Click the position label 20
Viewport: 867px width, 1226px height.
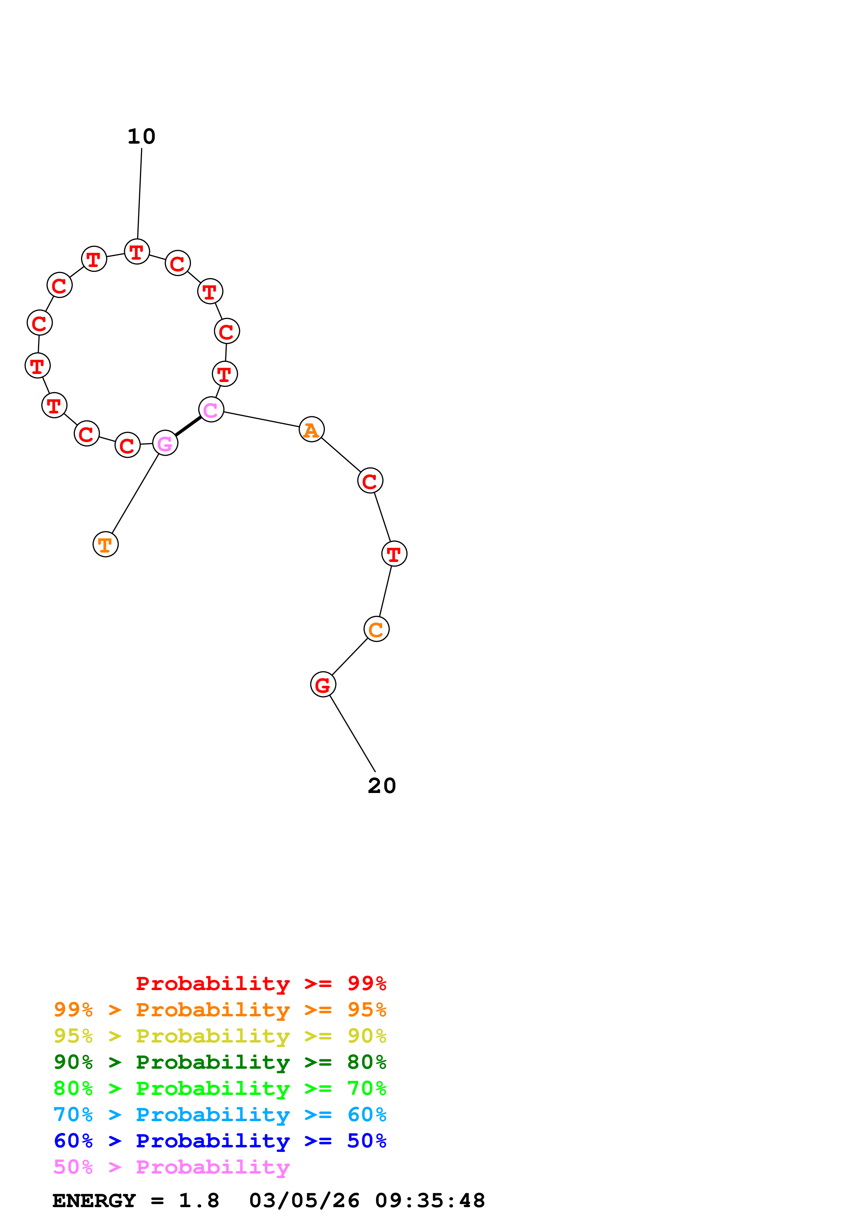pyautogui.click(x=382, y=786)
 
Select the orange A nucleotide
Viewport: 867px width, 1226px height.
pyautogui.click(x=311, y=430)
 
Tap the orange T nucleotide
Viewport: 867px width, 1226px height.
pyautogui.click(x=105, y=545)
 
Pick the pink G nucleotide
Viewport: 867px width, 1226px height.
pyautogui.click(x=165, y=443)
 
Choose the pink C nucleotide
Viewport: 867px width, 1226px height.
pyautogui.click(x=211, y=410)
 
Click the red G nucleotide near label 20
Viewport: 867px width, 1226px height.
pyautogui.click(x=323, y=685)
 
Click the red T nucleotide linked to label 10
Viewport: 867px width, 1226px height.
pyautogui.click(x=137, y=252)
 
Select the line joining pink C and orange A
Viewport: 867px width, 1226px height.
pyautogui.click(x=261, y=420)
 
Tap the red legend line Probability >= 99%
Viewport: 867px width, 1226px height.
pyautogui.click(x=261, y=983)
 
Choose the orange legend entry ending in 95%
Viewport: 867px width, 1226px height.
pyautogui.click(x=220, y=1010)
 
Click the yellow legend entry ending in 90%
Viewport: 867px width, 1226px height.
pyautogui.click(x=220, y=1036)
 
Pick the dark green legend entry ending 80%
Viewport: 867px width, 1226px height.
pyautogui.click(x=220, y=1062)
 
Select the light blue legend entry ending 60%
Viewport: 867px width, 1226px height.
pyautogui.click(x=220, y=1115)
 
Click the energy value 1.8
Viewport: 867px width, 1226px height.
pyautogui.click(x=199, y=1201)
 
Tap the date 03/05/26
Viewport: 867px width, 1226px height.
pyautogui.click(x=304, y=1201)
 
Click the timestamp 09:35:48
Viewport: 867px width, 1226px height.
pyautogui.click(x=430, y=1201)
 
